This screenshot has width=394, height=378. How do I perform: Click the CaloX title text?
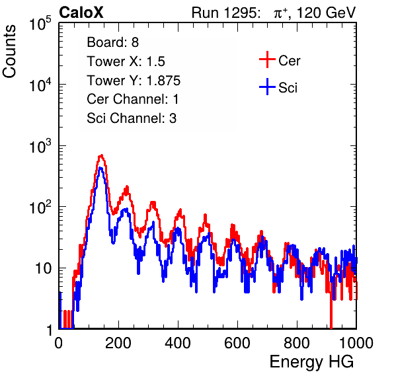81,13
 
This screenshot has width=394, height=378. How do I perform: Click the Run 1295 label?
225,13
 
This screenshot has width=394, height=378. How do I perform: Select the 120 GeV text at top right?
326,13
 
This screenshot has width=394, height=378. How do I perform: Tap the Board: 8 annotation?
112,42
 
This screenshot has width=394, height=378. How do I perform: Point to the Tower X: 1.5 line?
126,61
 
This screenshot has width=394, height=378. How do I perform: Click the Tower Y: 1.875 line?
134,81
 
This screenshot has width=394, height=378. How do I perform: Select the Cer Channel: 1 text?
133,99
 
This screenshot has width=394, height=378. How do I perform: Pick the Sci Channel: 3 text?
132,118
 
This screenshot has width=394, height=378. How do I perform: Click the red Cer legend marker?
267,59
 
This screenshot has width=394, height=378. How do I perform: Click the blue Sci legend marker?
267,87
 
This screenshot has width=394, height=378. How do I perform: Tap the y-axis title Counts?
9,52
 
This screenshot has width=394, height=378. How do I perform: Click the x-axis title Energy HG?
311,362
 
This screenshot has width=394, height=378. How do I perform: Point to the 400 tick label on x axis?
178,343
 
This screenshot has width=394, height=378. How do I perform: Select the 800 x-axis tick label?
297,343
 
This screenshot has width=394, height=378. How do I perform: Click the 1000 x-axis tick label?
356,343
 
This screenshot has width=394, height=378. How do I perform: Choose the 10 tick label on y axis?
43,268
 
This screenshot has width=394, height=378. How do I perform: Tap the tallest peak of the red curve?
101,155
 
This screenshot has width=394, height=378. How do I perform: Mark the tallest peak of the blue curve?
100,168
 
